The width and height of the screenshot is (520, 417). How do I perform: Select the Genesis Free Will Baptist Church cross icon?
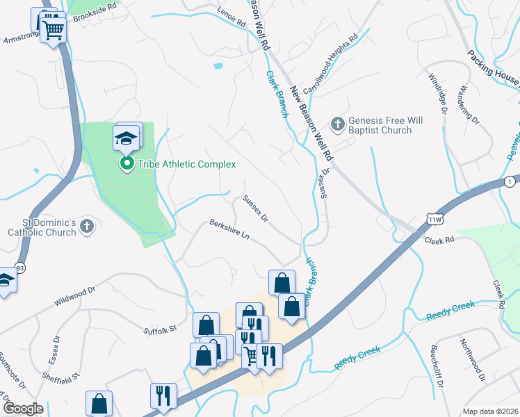tap(337, 124)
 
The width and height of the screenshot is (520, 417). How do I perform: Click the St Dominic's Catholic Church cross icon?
tap(86, 226)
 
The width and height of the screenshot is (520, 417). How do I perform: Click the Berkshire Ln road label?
tap(229, 231)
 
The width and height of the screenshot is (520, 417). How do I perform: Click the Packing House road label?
tap(492, 65)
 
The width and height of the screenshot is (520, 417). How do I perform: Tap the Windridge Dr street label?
tap(437, 94)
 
